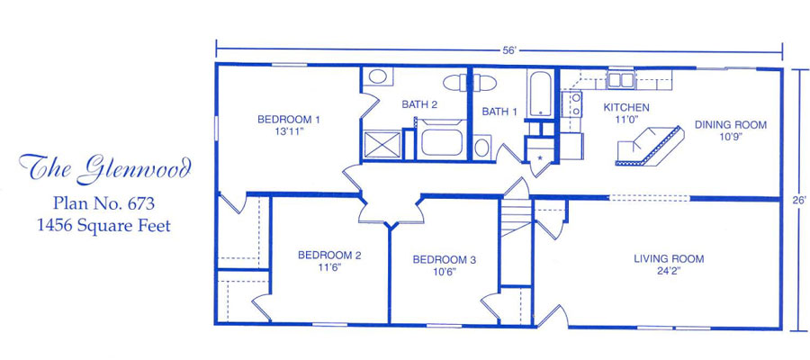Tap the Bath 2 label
tap(420, 104)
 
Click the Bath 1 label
tap(499, 112)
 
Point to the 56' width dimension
tap(509, 50)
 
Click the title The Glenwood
tap(105, 168)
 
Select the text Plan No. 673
tap(103, 204)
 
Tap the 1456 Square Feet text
tap(103, 226)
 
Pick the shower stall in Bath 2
tap(382, 145)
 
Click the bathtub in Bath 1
tap(540, 93)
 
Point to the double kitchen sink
tap(620, 80)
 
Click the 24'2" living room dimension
tap(669, 271)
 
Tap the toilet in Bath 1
tap(482, 147)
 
